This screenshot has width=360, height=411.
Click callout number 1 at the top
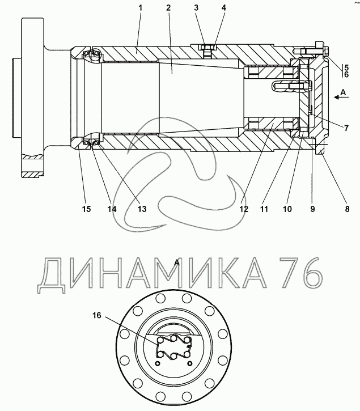140,8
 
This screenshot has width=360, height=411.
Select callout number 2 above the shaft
168,8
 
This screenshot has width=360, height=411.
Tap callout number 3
196,8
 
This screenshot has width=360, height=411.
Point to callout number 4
224,8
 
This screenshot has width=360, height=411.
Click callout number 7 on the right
346,128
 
